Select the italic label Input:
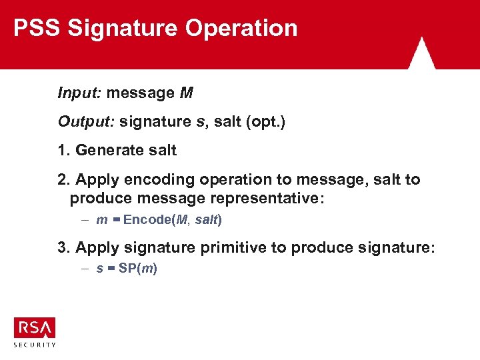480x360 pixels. [x=79, y=93]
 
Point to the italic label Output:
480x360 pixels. [x=85, y=122]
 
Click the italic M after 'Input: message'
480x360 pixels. [x=186, y=93]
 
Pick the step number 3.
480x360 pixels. [x=63, y=248]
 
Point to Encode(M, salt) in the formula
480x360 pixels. [x=173, y=219]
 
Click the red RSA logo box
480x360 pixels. [x=35, y=328]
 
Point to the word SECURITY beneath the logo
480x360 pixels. [x=35, y=345]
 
